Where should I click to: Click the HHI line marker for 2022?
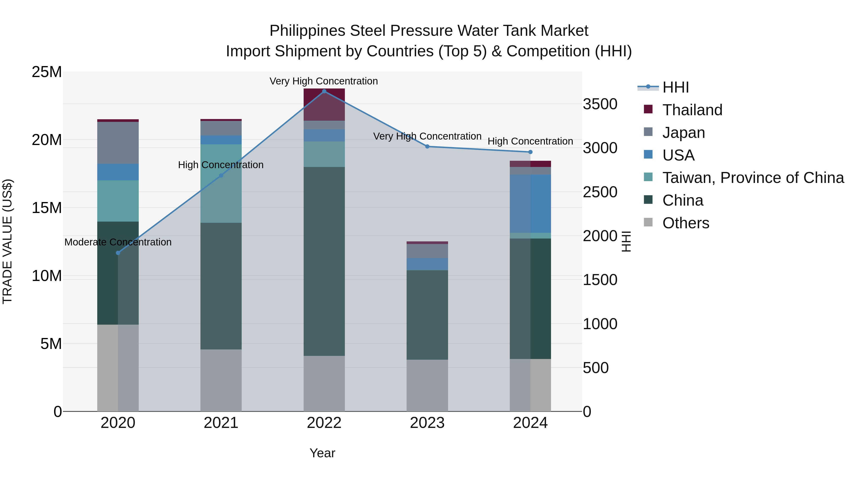pyautogui.click(x=324, y=91)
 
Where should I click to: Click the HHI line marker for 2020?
pyautogui.click(x=118, y=253)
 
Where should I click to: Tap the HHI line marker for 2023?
pyautogui.click(x=427, y=146)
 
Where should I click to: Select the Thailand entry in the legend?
pyautogui.click(x=692, y=110)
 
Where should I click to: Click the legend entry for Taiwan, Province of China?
pyautogui.click(x=753, y=178)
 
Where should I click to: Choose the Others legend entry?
pyautogui.click(x=685, y=223)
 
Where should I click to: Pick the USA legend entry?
pyautogui.click(x=678, y=155)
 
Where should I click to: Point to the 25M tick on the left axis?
pyautogui.click(x=47, y=72)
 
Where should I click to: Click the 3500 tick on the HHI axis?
pyautogui.click(x=600, y=104)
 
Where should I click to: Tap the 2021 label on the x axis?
pyautogui.click(x=221, y=423)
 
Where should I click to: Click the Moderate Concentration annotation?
pyautogui.click(x=118, y=242)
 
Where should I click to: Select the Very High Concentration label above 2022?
pyautogui.click(x=323, y=81)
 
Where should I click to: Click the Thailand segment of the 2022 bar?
pyautogui.click(x=324, y=105)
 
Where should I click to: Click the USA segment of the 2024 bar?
pyautogui.click(x=530, y=203)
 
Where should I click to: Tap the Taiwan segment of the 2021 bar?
pyautogui.click(x=221, y=183)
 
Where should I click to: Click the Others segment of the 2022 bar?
pyautogui.click(x=324, y=383)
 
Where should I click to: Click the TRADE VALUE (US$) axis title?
pyautogui.click(x=7, y=241)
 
